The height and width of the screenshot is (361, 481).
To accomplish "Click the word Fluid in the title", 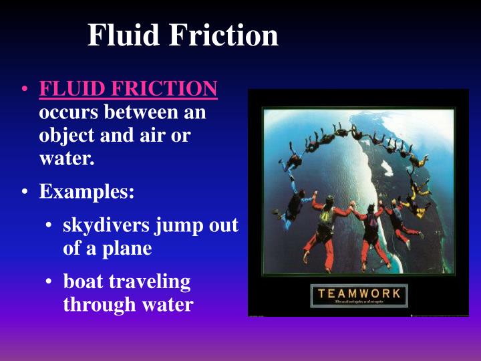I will (x=123, y=35).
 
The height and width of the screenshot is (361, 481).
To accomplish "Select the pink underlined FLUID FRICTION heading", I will (x=128, y=89).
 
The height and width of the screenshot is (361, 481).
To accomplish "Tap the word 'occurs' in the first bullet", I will (x=65, y=112).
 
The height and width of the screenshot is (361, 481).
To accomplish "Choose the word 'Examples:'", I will (x=87, y=193).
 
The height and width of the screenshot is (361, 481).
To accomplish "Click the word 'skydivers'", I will (x=106, y=226).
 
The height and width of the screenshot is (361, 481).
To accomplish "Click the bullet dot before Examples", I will (x=25, y=194).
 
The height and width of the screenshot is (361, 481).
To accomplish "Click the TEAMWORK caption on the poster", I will (x=359, y=293).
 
